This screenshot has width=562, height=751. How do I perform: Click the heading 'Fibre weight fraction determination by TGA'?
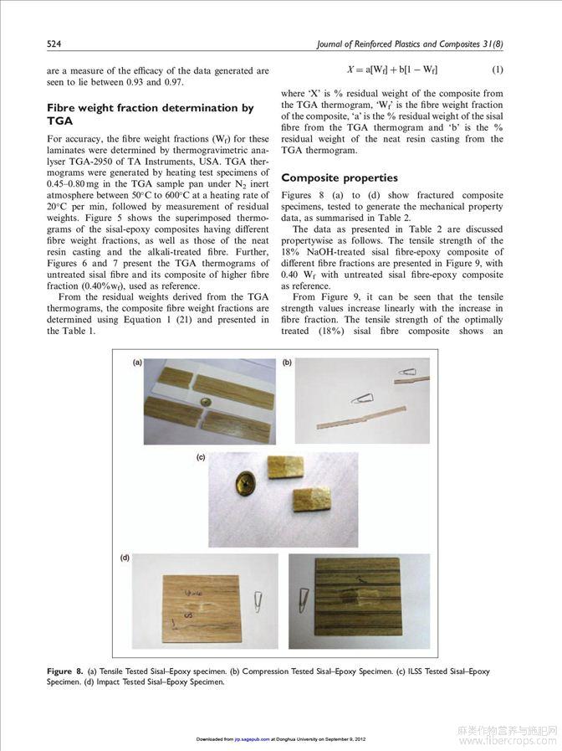pos(150,114)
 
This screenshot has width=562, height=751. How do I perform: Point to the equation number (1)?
pos(497,69)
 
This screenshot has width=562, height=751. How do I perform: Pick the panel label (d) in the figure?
pos(123,558)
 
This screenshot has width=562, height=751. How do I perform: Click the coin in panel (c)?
pos(245,483)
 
